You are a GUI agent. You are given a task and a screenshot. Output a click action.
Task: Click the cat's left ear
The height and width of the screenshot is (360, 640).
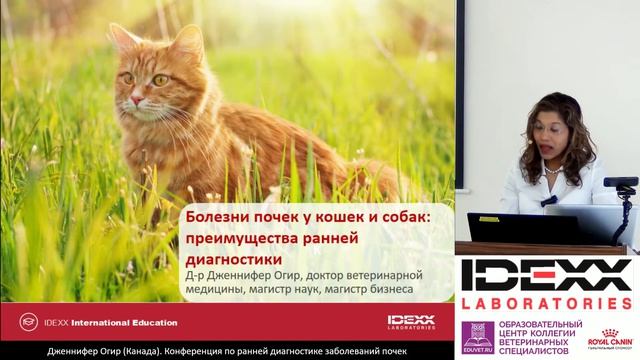tap(122, 40)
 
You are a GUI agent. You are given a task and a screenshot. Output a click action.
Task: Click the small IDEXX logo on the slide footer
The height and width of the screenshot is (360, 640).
tap(411, 322)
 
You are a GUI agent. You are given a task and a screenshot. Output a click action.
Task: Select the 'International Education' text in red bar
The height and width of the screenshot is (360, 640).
tap(131, 322)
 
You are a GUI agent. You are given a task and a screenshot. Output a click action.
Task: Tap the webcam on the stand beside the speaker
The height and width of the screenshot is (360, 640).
tap(620, 183)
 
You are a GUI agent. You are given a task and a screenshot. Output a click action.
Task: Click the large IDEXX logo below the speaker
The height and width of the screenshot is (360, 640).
tap(545, 275)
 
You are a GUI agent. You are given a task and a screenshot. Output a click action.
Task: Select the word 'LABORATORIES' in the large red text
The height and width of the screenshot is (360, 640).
tap(545, 302)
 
